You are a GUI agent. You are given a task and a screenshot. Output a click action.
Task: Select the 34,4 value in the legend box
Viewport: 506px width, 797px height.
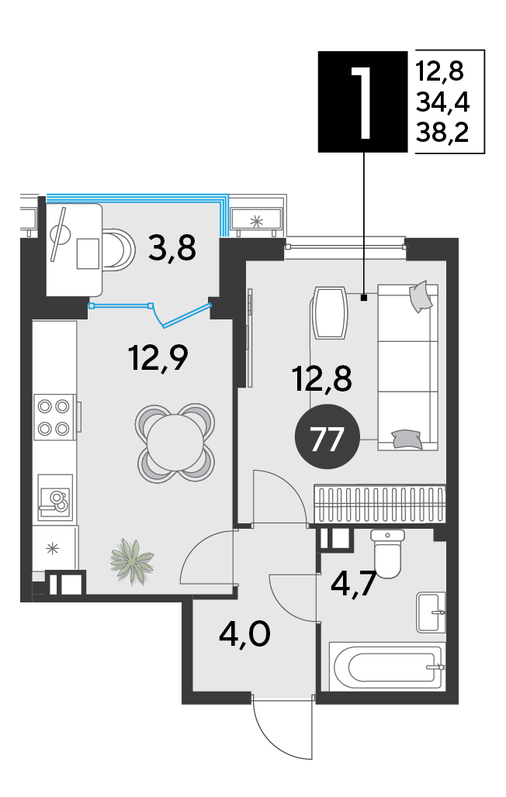pos(442,102)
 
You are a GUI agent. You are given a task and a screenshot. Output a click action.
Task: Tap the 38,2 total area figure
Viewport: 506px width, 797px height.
pos(442,132)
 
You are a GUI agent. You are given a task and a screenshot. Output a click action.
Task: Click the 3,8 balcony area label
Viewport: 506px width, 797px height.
pos(172,249)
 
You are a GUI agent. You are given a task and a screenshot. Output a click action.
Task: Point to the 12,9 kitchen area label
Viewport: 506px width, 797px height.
pos(158,357)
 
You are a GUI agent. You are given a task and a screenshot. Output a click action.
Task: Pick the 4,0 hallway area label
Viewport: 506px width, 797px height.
pos(244,634)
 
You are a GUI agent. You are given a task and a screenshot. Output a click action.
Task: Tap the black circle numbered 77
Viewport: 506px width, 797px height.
pos(328,436)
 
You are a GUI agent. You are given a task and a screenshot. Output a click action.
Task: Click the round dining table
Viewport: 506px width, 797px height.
pos(175,442)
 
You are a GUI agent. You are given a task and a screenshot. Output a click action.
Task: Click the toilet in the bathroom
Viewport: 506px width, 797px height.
pos(388,554)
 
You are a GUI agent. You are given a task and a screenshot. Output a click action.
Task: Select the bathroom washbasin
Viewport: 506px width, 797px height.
pos(431,612)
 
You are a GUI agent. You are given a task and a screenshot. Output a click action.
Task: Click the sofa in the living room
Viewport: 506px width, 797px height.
pos(407,367)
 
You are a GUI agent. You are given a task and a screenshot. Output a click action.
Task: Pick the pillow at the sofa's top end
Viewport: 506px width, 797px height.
pos(421,297)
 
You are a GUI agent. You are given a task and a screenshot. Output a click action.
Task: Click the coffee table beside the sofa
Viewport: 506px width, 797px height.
pos(331,313)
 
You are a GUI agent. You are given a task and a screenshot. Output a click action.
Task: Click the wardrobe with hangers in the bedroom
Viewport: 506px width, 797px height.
pos(379,504)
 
